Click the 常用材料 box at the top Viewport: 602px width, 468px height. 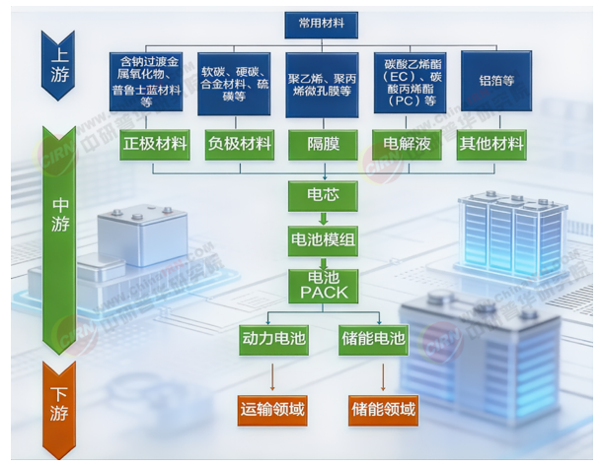point(322,22)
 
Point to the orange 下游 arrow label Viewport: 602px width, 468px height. point(59,404)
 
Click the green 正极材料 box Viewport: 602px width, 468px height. point(155,144)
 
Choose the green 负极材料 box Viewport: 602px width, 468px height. point(239,144)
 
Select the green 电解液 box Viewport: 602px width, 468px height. point(407,144)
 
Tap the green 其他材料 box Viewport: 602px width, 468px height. point(491,144)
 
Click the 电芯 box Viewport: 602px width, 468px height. point(323,195)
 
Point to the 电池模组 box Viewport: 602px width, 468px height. point(323,239)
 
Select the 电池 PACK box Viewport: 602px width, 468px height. point(323,286)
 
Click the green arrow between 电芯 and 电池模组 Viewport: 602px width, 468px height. point(323,218)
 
